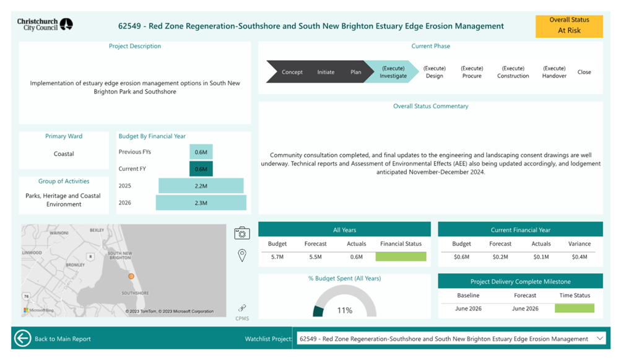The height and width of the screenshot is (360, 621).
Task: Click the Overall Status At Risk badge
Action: point(569,26)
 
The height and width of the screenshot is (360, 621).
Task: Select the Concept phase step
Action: point(292,72)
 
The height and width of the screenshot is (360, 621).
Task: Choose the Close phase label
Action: point(584,72)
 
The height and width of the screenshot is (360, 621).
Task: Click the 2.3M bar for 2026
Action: point(201,203)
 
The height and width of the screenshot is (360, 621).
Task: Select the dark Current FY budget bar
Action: point(201,169)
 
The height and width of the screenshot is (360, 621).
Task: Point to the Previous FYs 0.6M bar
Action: point(201,152)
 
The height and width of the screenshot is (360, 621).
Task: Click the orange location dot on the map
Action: point(131,276)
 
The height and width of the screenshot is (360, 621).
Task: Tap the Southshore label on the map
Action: point(135,293)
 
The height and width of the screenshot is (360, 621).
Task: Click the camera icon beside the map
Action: point(242,233)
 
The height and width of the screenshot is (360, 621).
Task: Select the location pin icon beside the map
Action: point(242,255)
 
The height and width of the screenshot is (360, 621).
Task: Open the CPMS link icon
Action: point(242,308)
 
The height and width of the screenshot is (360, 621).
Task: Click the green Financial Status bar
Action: point(401,257)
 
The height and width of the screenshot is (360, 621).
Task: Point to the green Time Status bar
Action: point(575,308)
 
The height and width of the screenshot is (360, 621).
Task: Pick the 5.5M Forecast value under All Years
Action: point(315,257)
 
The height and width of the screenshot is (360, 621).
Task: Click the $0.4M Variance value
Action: point(580,257)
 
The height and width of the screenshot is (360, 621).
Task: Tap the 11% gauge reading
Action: point(345,310)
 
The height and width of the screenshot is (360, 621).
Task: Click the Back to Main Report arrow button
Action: point(22,338)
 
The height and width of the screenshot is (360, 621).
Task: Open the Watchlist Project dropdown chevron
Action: point(599,338)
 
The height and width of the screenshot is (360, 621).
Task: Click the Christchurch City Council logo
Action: point(45,25)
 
